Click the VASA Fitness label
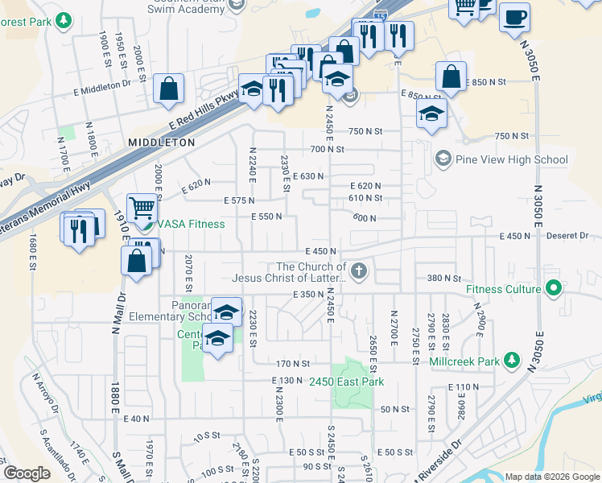point(191,224)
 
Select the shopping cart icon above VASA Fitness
point(142,208)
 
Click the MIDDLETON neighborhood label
point(161,142)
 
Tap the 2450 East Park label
point(347,382)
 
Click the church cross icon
point(359,271)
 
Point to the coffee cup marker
point(514,16)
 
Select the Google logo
point(27,474)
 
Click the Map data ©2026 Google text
point(551,477)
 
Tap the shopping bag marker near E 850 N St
point(451,77)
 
